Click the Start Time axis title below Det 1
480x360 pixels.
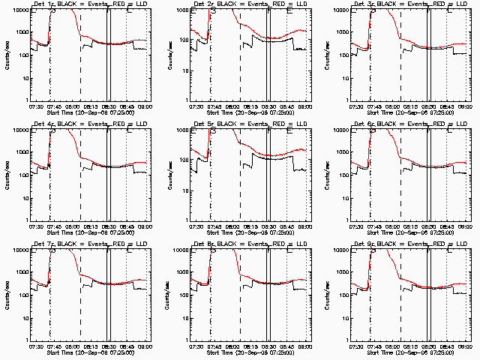pyautogui.click(x=89, y=113)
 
